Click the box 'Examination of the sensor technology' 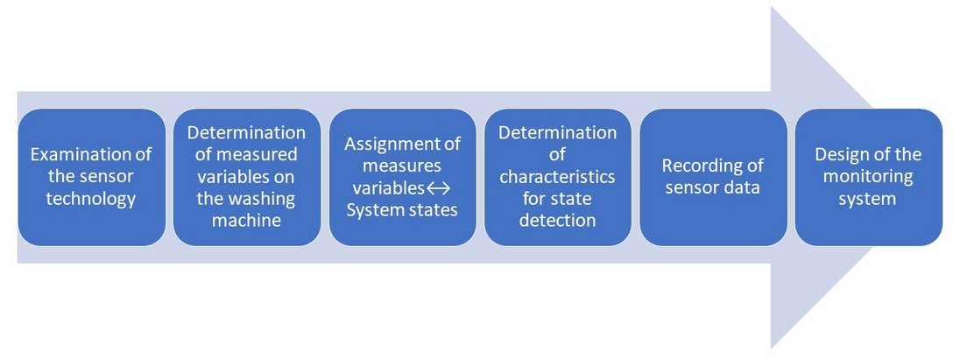92,177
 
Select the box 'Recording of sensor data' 713,177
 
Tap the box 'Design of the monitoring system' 869,177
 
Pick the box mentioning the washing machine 247,177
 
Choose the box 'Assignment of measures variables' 402,177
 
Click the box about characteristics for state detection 558,177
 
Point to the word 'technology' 91,200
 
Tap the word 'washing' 265,200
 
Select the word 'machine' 247,221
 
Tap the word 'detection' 558,221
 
